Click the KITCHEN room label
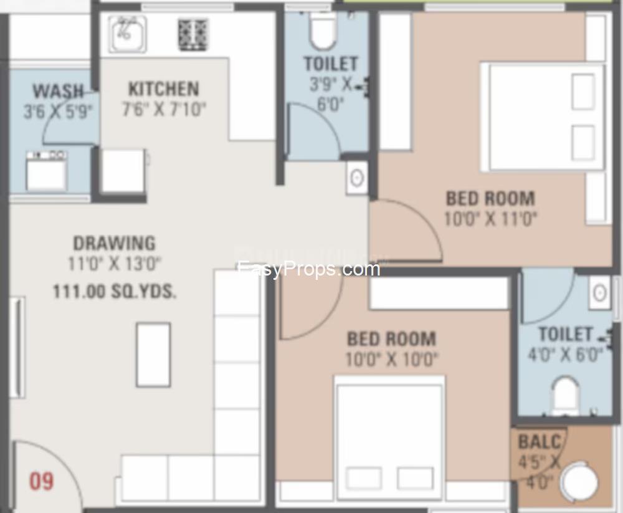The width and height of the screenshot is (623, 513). pos(164,89)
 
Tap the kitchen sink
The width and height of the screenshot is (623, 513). pos(127,34)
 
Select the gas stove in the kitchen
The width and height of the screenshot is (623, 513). pos(193,35)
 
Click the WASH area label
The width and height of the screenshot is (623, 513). pos(59,91)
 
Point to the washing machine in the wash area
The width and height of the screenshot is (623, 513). pos(47,170)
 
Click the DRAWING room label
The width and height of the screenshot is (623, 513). pos(115,243)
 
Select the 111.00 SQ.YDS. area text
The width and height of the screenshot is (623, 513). pos(115,292)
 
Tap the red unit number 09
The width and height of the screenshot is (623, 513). pos(41,481)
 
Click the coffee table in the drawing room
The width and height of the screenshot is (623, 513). pos(153,355)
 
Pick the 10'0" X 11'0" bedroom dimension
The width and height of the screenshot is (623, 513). pos(491,219)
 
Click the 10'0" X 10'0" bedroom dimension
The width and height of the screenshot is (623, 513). pos(392,359)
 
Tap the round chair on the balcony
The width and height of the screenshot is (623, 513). pos(579,481)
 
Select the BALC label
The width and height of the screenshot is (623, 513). pos(540,441)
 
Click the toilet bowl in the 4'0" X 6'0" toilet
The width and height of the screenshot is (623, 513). pos(566,396)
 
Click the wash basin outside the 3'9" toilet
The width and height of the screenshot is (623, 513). pos(357,178)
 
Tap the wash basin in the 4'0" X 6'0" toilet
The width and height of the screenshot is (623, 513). pos(600,293)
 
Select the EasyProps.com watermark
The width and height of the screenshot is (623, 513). pos(309,269)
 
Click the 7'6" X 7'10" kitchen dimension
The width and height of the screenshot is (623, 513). pos(164,109)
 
